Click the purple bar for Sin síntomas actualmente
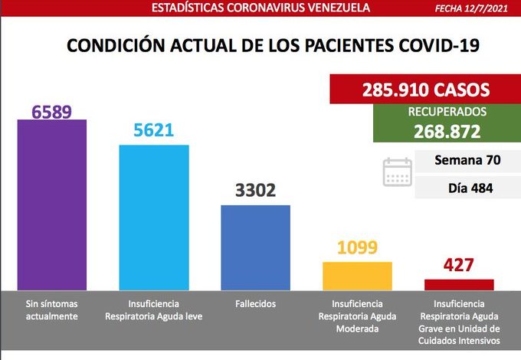point(52,204)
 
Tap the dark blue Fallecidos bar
point(255,247)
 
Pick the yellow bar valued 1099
point(357,275)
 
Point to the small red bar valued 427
point(459,284)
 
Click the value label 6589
point(52,112)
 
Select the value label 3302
point(255,191)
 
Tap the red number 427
point(459,266)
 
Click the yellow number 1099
point(357,248)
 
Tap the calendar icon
point(398,173)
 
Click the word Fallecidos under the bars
point(255,303)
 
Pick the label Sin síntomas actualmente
point(52,309)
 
